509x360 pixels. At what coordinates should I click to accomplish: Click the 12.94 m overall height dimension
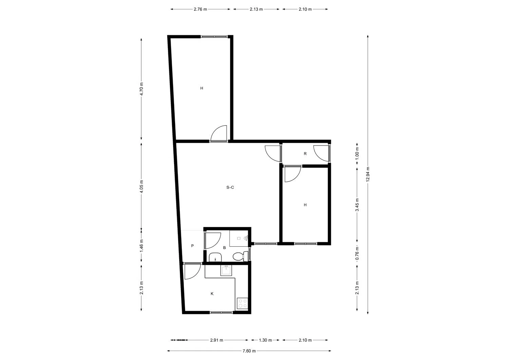click(x=368, y=174)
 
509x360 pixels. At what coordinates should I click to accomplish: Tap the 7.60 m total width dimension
click(x=249, y=351)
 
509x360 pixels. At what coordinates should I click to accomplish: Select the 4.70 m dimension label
click(x=142, y=89)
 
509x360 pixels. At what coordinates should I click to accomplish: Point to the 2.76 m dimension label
click(x=200, y=9)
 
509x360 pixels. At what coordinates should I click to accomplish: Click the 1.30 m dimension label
click(x=265, y=340)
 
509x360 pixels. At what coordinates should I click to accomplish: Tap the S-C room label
click(x=230, y=187)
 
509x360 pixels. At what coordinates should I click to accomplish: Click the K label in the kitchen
click(x=212, y=293)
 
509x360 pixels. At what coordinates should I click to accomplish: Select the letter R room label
click(x=305, y=154)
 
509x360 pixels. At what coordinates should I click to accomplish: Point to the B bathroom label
click(x=224, y=248)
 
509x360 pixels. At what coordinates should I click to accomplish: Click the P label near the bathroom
click(x=192, y=246)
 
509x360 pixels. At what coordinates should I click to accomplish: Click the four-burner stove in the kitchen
click(x=243, y=304)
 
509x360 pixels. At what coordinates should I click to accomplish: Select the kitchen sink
click(x=226, y=271)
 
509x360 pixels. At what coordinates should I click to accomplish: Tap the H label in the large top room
click(x=202, y=88)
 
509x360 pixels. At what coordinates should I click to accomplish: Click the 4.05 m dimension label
click(x=142, y=186)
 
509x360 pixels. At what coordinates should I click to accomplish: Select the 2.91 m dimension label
click(x=216, y=340)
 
